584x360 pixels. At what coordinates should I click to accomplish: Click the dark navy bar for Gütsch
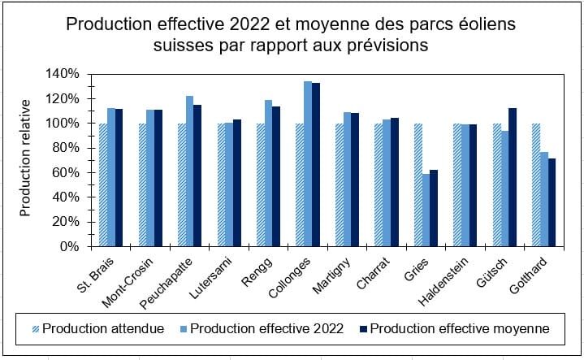click(x=513, y=177)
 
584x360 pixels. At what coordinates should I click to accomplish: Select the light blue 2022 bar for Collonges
click(x=308, y=164)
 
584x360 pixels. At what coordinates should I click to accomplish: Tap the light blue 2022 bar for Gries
click(x=426, y=210)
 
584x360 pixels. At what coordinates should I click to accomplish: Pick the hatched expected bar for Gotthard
click(x=536, y=184)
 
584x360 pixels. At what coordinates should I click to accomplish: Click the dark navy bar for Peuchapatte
click(x=197, y=176)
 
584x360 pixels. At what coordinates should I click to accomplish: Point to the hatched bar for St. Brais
click(x=103, y=184)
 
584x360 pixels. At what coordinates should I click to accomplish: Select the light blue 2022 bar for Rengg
click(x=269, y=173)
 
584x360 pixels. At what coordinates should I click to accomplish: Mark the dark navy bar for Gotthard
click(x=552, y=202)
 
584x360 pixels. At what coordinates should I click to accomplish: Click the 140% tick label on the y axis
click(x=63, y=74)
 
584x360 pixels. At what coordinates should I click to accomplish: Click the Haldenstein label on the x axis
click(x=443, y=281)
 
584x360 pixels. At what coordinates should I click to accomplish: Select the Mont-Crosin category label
click(x=128, y=282)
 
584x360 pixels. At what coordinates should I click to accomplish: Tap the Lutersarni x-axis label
click(x=210, y=278)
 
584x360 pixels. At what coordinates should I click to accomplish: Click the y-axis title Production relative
click(x=25, y=158)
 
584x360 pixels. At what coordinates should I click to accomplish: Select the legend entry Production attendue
click(x=98, y=328)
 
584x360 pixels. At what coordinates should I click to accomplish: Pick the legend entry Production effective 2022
click(x=262, y=328)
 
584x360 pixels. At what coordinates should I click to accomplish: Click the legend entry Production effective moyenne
click(x=455, y=328)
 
